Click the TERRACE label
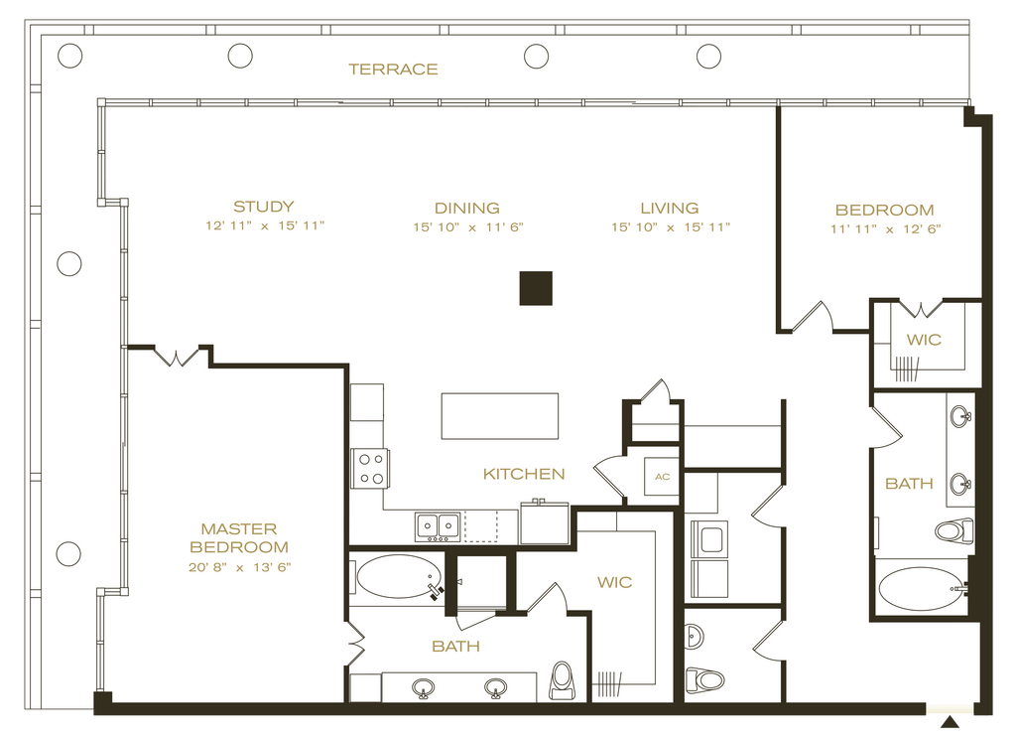click(393, 70)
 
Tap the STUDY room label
click(264, 207)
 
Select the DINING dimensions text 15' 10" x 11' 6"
click(468, 227)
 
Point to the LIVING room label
click(670, 209)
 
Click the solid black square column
click(536, 288)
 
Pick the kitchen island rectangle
click(500, 416)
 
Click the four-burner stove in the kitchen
click(371, 468)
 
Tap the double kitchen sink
click(438, 525)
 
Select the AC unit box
click(662, 477)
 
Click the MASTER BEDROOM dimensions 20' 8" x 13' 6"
click(240, 567)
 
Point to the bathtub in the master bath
click(399, 576)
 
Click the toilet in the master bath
click(562, 680)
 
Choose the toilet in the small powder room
click(704, 680)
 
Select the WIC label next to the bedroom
click(924, 340)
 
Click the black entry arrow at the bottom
click(950, 722)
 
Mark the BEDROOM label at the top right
click(884, 211)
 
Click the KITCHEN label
click(524, 474)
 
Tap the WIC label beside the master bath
click(615, 582)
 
